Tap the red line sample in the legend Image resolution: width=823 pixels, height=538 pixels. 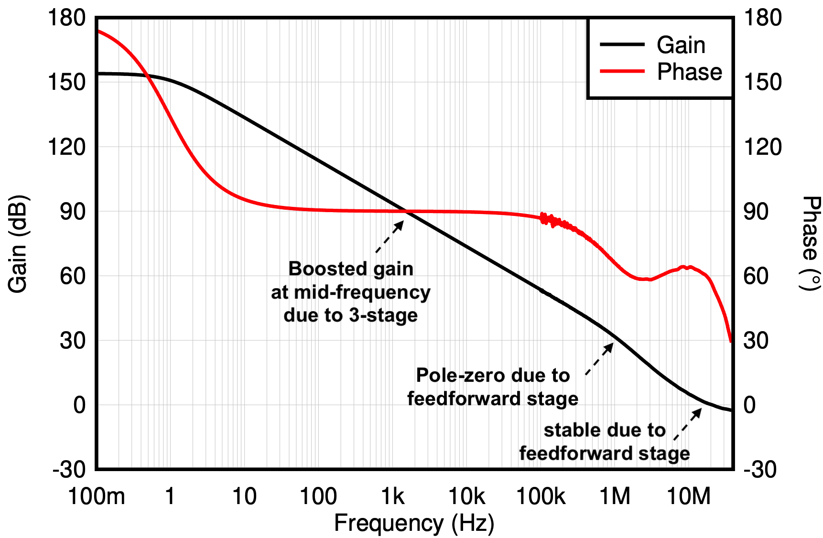click(x=622, y=71)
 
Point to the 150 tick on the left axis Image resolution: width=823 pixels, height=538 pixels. click(x=66, y=82)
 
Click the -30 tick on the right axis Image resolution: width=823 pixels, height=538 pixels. click(x=759, y=470)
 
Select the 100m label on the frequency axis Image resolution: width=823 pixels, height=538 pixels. click(x=97, y=497)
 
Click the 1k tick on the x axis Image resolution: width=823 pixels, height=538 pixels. click(x=393, y=497)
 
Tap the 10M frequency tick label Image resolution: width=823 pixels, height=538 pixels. click(x=689, y=497)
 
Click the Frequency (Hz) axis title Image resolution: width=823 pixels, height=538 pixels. click(x=414, y=523)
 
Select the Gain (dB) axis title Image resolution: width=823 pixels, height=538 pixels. click(x=18, y=244)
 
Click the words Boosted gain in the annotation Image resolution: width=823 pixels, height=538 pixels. click(x=351, y=269)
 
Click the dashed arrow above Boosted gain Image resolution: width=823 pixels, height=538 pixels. click(x=390, y=236)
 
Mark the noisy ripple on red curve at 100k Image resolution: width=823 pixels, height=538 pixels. click(x=550, y=220)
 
